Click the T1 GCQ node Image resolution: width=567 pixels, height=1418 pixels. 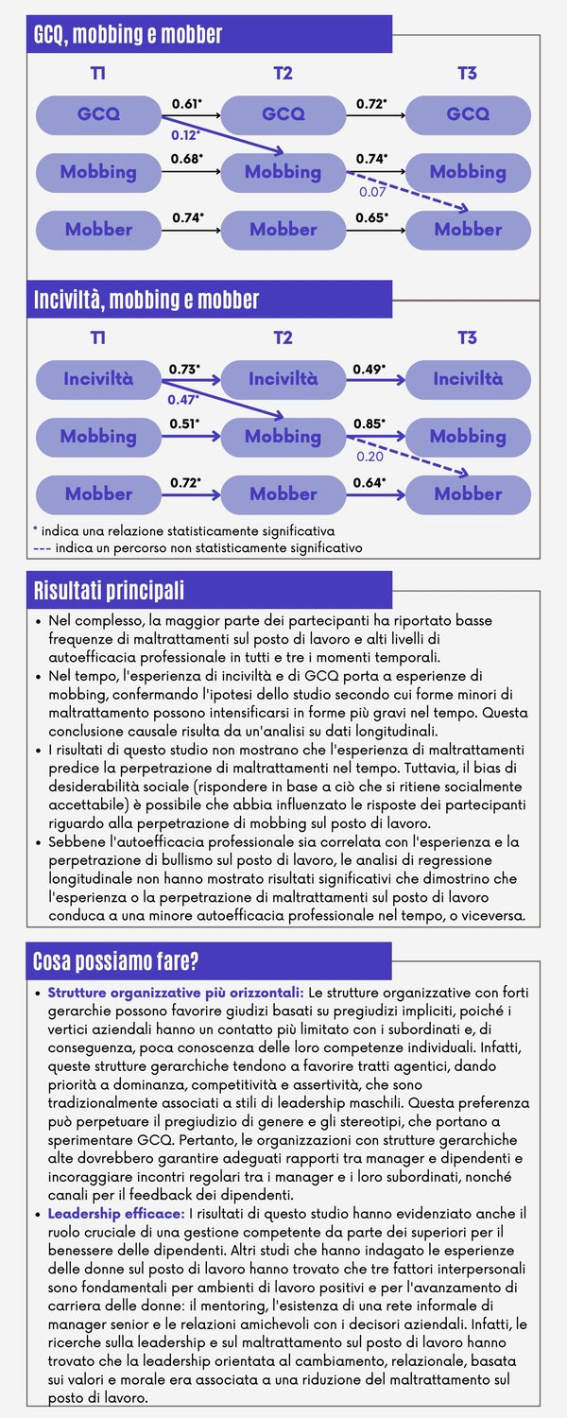(98, 114)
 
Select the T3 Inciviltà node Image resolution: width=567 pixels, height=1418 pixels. (468, 380)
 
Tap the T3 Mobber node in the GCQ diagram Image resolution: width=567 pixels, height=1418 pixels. (468, 230)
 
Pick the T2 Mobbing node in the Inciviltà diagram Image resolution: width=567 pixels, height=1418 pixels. (283, 437)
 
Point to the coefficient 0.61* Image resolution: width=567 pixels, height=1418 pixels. (187, 102)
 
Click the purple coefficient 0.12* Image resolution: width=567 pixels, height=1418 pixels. (186, 135)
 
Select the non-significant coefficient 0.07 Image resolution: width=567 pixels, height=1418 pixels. (372, 192)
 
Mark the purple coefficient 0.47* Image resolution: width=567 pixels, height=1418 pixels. (184, 400)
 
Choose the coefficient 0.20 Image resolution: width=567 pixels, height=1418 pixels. (369, 457)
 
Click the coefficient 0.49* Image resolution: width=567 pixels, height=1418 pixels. (369, 367)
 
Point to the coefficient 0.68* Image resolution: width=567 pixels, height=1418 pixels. (187, 159)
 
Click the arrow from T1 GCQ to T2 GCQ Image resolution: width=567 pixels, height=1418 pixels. (190, 115)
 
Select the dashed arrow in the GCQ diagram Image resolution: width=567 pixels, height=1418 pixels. (406, 192)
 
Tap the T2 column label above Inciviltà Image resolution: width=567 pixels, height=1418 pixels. (283, 337)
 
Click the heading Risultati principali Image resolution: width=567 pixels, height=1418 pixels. (109, 591)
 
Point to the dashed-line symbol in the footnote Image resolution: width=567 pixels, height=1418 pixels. (42, 547)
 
